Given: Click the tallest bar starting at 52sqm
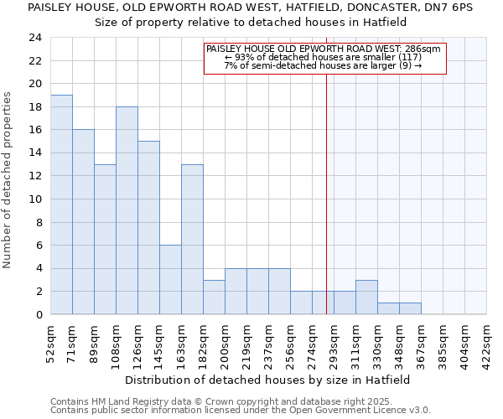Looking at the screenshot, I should (61, 204).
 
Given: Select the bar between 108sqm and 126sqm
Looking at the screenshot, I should (127, 210).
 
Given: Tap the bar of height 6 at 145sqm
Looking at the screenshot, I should (170, 280).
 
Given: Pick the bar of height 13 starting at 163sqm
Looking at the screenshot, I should (192, 239).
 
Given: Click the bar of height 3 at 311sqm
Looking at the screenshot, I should (366, 297).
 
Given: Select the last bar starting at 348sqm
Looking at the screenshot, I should (410, 308).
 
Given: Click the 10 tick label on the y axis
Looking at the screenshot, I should (34, 199).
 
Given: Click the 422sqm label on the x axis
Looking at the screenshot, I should (487, 341).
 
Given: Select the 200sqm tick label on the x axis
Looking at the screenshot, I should (226, 341).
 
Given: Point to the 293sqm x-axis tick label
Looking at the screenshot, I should (334, 341).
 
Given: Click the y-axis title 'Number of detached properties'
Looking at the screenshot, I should (8, 181).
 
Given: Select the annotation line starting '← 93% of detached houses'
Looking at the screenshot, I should (324, 58).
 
